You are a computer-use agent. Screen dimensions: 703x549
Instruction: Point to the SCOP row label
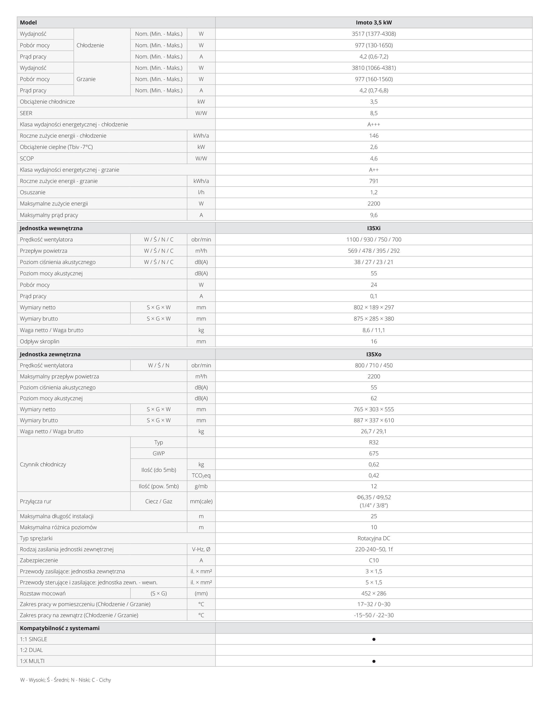(27, 158)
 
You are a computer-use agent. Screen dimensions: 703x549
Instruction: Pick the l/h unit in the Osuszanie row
(201, 192)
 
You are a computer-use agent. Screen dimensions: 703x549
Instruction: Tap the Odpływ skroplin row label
(40, 341)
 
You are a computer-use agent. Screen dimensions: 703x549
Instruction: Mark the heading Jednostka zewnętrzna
(50, 354)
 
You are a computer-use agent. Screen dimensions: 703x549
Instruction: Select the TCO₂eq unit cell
(201, 475)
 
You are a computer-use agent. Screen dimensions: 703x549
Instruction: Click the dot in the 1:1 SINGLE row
(374, 639)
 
